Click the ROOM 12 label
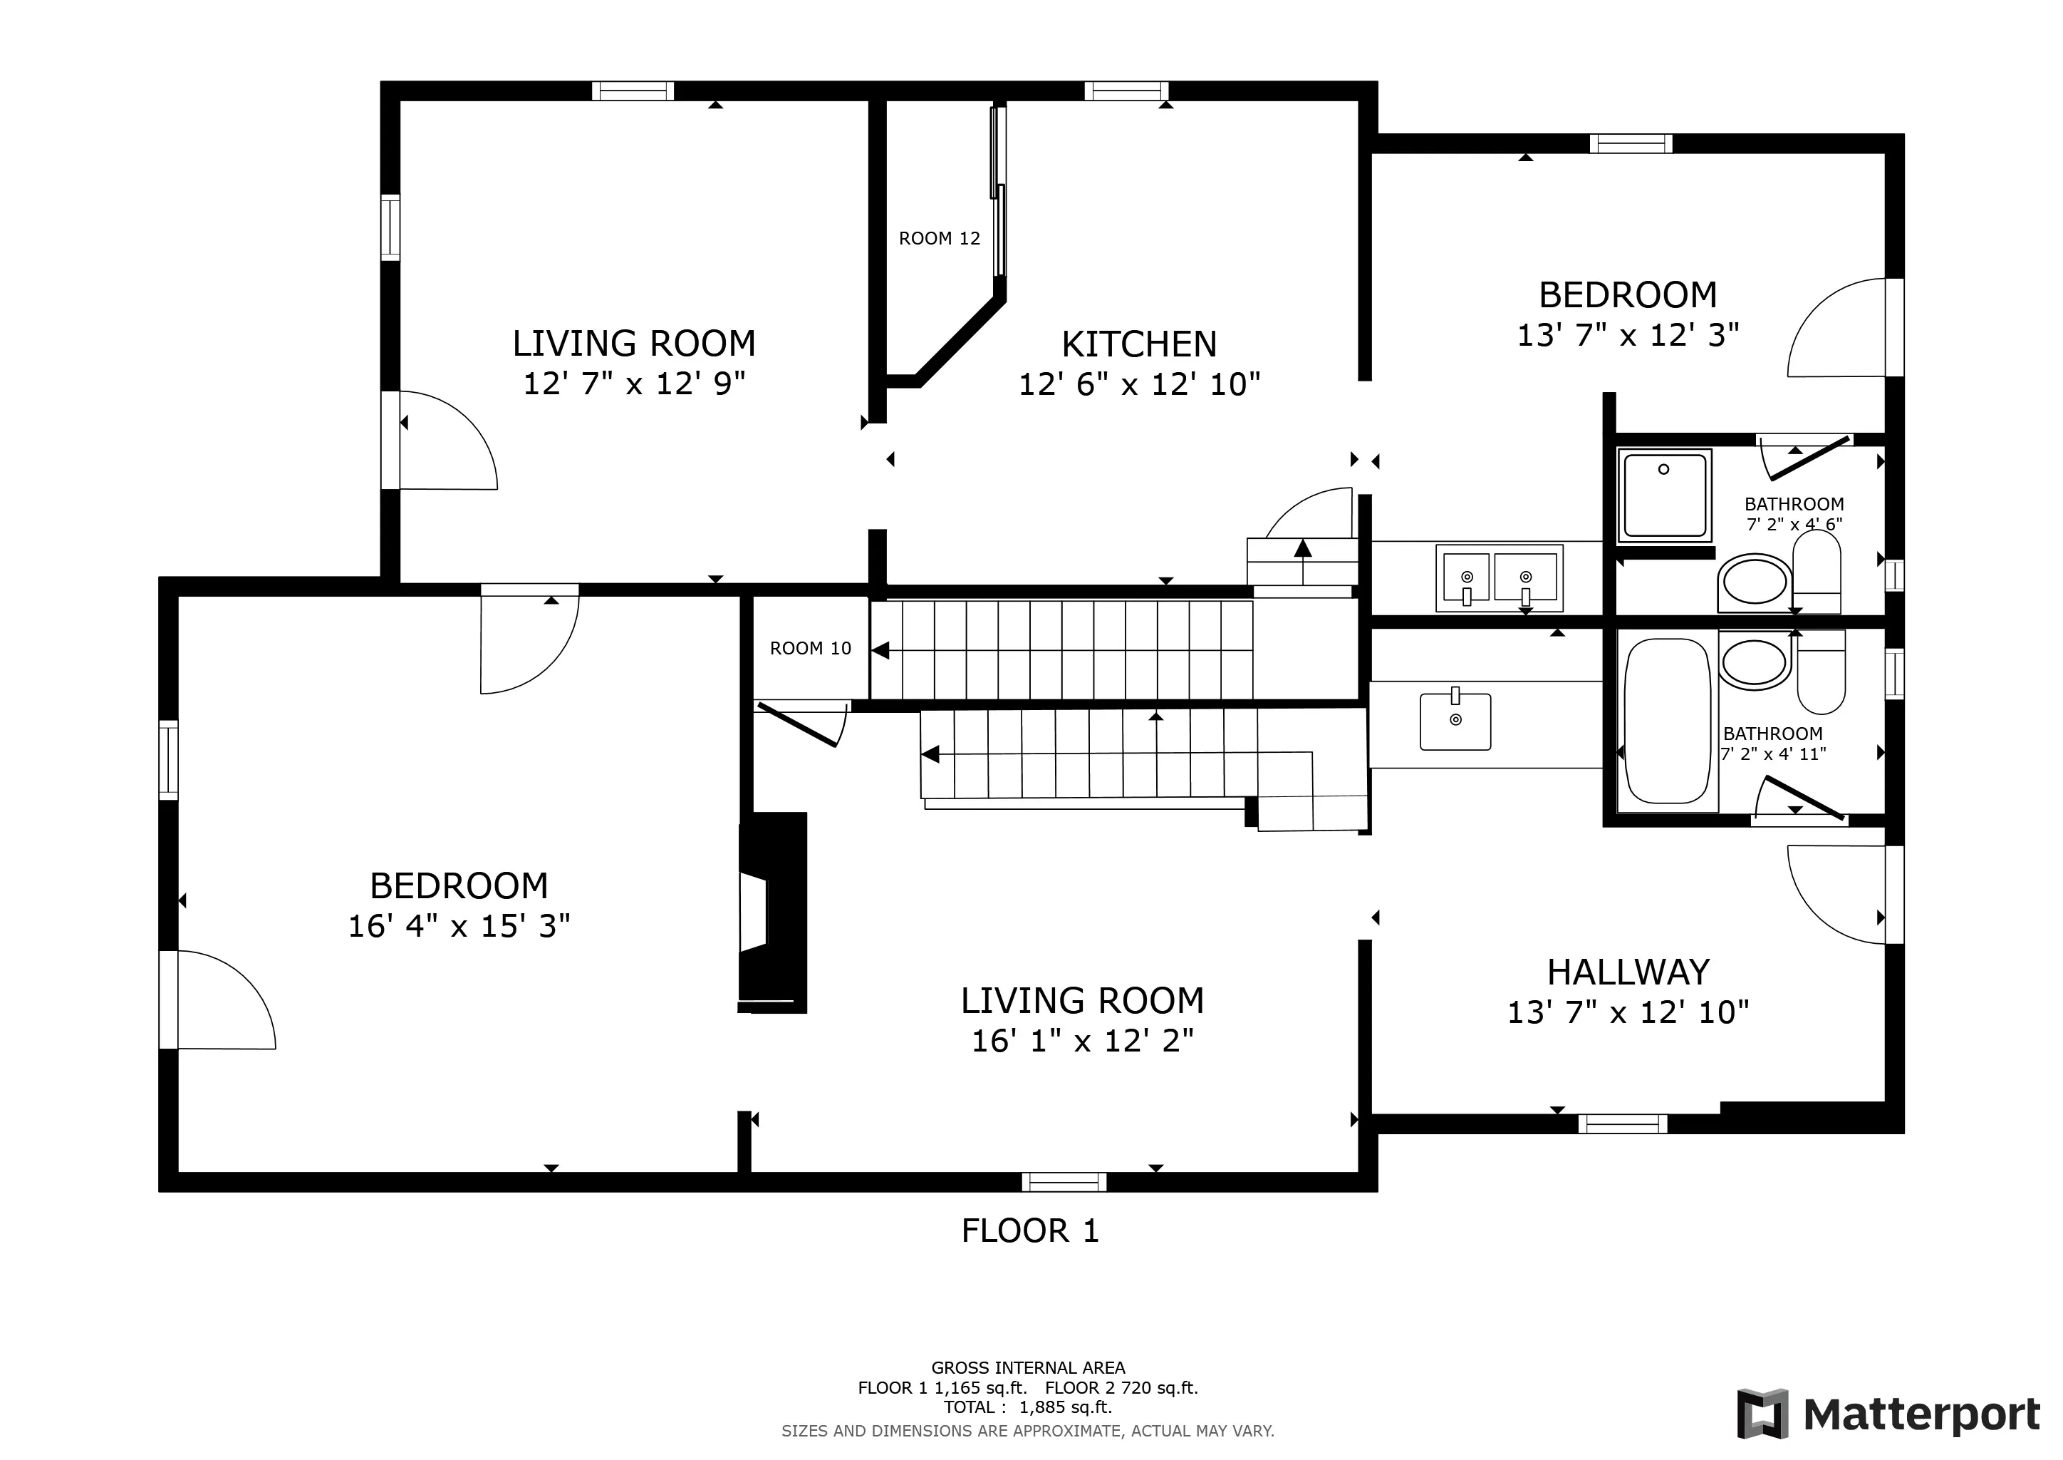[939, 238]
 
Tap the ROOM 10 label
[811, 648]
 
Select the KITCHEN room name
[1139, 344]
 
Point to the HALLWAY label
[1628, 972]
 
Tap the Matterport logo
[1888, 1414]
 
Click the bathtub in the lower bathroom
[1668, 721]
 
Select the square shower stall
[1665, 495]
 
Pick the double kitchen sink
[1500, 577]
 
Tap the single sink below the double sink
[1455, 720]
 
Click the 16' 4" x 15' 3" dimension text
[459, 925]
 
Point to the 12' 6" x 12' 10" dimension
[1139, 385]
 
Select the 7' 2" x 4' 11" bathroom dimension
[1774, 754]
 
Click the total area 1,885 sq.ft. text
[1028, 1407]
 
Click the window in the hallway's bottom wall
[1623, 1124]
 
